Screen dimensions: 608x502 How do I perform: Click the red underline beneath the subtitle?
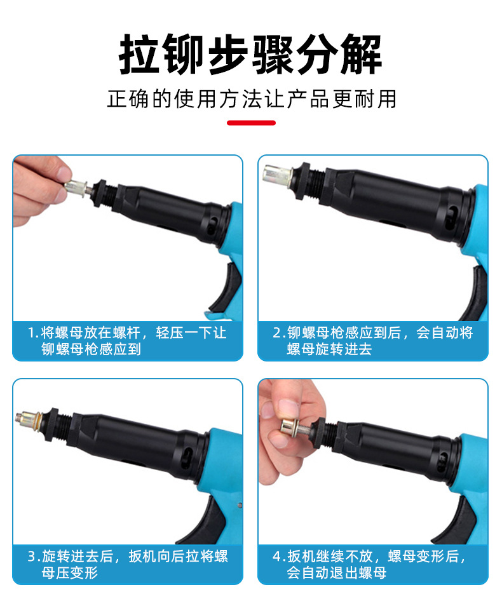click(251, 122)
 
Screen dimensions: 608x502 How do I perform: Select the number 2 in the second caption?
click(276, 333)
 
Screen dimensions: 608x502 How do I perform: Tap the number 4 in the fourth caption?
click(276, 557)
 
